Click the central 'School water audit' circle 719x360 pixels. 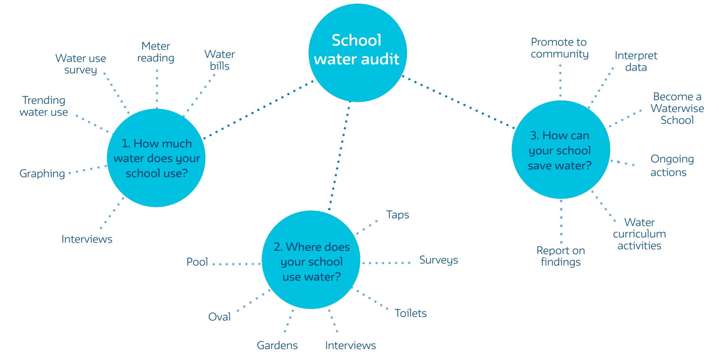(x=358, y=53)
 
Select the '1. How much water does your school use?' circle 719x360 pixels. (x=156, y=158)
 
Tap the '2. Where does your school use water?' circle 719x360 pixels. (x=311, y=260)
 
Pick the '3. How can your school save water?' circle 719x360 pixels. (x=561, y=150)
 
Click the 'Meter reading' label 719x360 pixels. (x=156, y=52)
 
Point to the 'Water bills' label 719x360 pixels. (x=220, y=60)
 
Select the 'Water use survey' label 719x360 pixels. (x=81, y=64)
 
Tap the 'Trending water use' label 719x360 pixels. (x=44, y=106)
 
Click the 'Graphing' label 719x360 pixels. (x=42, y=174)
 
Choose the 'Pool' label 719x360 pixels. (x=197, y=262)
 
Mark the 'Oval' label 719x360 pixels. (x=219, y=317)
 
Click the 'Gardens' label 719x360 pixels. (x=277, y=345)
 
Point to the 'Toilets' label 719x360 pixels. (x=411, y=313)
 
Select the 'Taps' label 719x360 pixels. (x=398, y=215)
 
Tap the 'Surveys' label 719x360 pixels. (x=439, y=260)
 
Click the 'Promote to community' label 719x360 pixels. (x=559, y=48)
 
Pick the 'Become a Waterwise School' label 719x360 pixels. (x=677, y=108)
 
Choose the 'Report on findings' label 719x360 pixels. (x=561, y=256)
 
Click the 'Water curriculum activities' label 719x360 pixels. (x=639, y=234)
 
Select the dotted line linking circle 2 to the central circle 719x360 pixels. (x=339, y=156)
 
